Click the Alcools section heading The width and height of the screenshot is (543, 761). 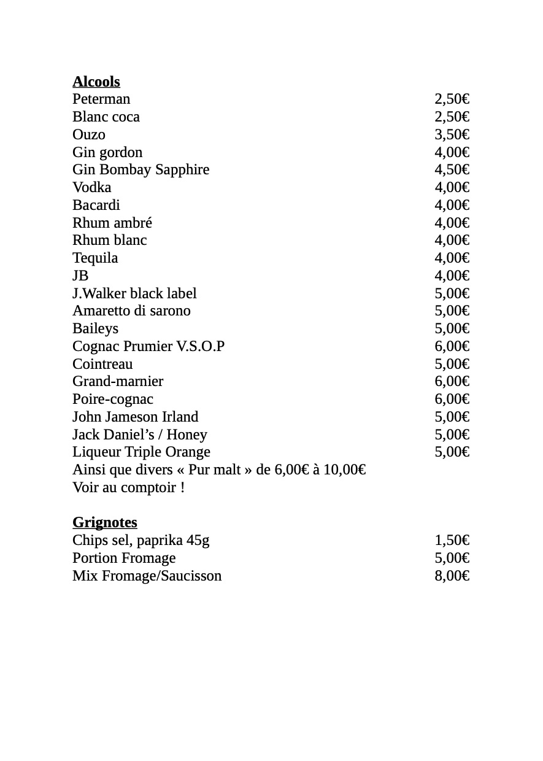[x=96, y=82]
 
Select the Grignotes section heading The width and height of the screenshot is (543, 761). [x=104, y=522]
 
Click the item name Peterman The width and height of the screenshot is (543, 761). [x=101, y=99]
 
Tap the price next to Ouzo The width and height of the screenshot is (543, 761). [x=452, y=135]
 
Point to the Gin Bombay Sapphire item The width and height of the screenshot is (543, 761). [x=141, y=170]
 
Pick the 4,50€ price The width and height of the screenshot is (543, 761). [x=452, y=170]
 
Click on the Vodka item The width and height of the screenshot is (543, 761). [x=91, y=188]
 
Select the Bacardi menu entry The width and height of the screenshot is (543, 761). [x=96, y=206]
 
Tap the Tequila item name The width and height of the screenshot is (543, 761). [x=95, y=258]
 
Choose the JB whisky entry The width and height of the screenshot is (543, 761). [x=80, y=276]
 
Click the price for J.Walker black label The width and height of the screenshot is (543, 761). [x=452, y=294]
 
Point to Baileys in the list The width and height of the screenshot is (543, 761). [x=95, y=329]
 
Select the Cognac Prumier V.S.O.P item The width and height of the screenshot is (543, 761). [x=148, y=347]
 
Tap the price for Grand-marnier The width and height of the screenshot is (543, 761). [x=452, y=382]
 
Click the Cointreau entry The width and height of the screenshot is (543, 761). [x=102, y=365]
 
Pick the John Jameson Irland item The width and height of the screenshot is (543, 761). [x=135, y=417]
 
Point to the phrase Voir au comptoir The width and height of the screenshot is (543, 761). [x=128, y=488]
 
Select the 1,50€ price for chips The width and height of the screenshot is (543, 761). [x=452, y=541]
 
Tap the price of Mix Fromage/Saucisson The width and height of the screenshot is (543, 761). [x=452, y=576]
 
